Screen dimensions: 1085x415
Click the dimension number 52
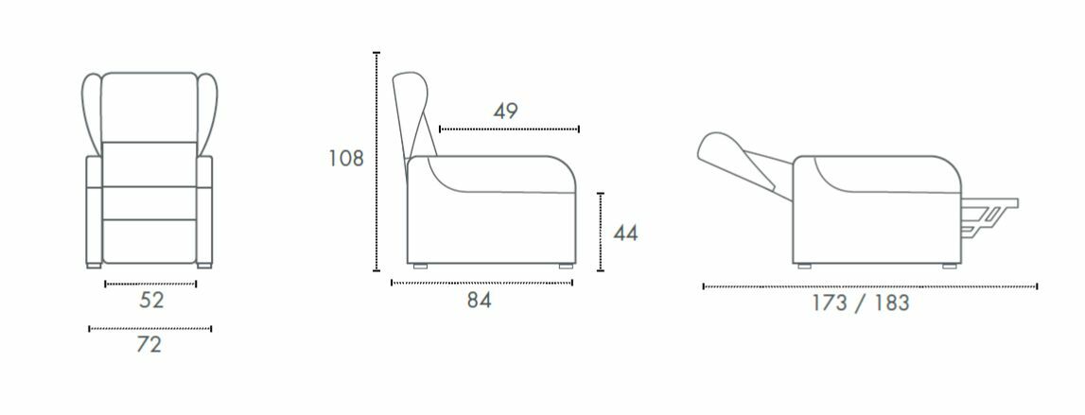(x=150, y=301)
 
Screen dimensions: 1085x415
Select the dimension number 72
(x=149, y=344)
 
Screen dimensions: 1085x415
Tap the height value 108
(x=346, y=159)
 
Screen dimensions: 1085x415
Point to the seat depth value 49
(x=505, y=111)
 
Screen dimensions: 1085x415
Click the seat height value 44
(x=625, y=233)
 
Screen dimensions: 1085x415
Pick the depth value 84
(x=479, y=301)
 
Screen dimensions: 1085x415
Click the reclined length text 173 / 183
(x=861, y=303)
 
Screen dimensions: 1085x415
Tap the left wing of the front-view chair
(x=91, y=111)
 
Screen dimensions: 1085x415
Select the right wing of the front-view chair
(x=207, y=111)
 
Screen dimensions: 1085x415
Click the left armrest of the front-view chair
(x=94, y=209)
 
